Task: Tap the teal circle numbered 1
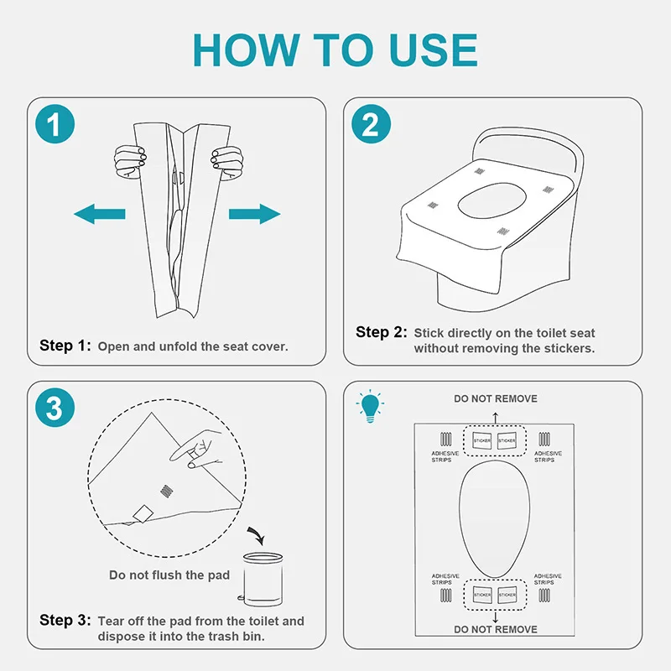[x=55, y=126]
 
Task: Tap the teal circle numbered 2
[x=370, y=126]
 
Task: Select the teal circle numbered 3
[x=55, y=408]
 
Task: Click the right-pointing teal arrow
[x=255, y=215]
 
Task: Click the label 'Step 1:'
[x=65, y=346]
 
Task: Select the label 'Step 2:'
[x=382, y=332]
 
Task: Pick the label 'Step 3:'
[x=65, y=621]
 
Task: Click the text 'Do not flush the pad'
[x=169, y=575]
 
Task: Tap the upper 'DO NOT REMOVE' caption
[x=496, y=398]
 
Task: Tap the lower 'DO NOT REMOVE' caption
[x=496, y=629]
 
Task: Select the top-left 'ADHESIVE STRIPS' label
[x=445, y=456]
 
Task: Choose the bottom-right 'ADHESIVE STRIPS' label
[x=547, y=580]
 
